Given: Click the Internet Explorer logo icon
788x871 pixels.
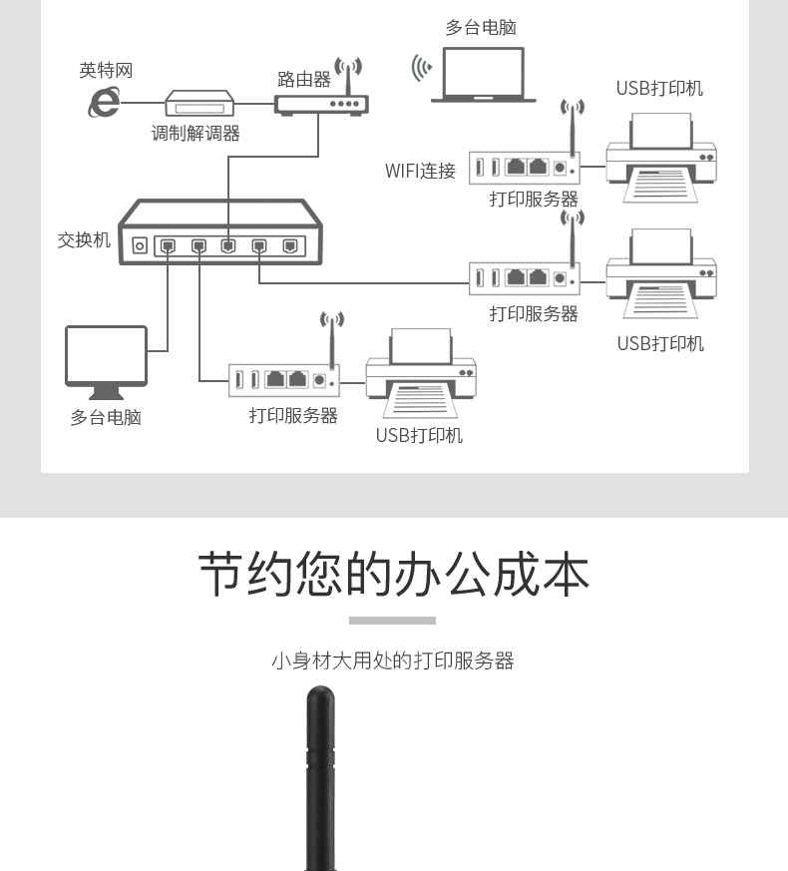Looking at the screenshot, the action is tap(104, 102).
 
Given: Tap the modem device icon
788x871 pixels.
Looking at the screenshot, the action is tap(198, 104).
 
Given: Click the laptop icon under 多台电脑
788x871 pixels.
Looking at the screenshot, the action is tap(483, 77).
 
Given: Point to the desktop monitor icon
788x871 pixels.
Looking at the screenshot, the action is tap(106, 356).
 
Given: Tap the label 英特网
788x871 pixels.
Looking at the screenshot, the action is tap(106, 71).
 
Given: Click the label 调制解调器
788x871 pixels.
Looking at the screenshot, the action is tap(196, 134).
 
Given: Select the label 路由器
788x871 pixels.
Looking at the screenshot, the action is tap(303, 79).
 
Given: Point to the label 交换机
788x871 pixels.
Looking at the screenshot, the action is tap(84, 240).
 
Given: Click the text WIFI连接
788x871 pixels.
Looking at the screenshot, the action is tap(420, 171).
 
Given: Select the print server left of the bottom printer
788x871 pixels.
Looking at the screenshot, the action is tap(284, 378).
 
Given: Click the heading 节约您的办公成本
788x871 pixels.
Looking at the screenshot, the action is tap(393, 573).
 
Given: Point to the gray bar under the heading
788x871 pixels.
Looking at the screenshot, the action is tap(392, 621).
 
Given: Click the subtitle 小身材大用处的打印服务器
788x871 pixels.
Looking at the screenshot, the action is tap(392, 660).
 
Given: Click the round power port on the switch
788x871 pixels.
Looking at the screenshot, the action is tap(140, 245).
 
